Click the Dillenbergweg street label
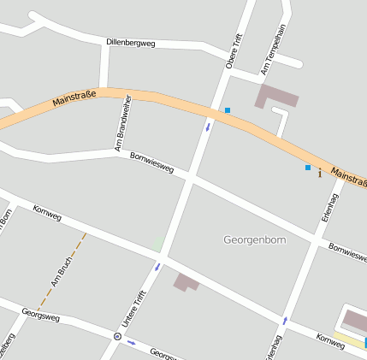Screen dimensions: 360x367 click(130, 42)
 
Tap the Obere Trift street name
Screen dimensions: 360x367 click(234, 50)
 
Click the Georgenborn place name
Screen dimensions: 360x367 click(254, 239)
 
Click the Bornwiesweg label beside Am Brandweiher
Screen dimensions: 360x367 click(151, 162)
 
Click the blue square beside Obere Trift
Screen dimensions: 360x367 click(228, 110)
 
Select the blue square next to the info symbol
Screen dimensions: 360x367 click(308, 168)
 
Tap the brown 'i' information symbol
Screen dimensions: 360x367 click(320, 174)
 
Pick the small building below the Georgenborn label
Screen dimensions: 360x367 click(186, 281)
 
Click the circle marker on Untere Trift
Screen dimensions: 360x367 click(117, 336)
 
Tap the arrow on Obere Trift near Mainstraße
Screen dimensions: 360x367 click(207, 127)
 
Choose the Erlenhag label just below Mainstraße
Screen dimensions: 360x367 click(330, 205)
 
